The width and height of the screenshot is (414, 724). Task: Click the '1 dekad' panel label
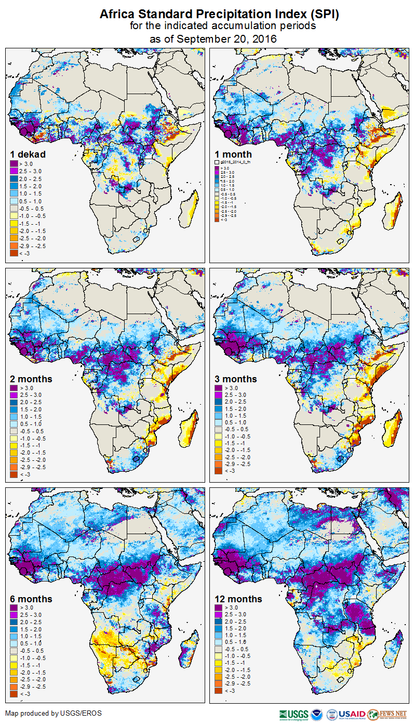pos(28,154)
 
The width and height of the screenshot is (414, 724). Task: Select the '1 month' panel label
pos(233,154)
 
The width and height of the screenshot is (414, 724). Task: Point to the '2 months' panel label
pos(31,379)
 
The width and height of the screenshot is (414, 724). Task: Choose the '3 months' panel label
pos(236,379)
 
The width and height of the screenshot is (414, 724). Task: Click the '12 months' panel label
pos(238,599)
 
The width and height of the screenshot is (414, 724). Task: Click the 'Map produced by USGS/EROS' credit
pos(54,713)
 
